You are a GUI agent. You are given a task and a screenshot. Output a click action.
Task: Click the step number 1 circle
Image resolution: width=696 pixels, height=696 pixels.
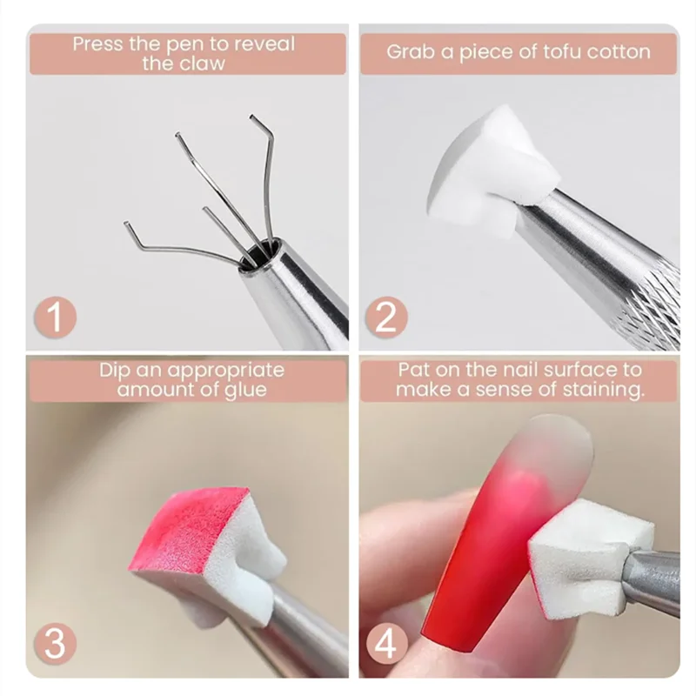click(x=55, y=318)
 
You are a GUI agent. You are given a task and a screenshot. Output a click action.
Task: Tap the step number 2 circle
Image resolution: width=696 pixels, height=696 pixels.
click(x=386, y=318)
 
